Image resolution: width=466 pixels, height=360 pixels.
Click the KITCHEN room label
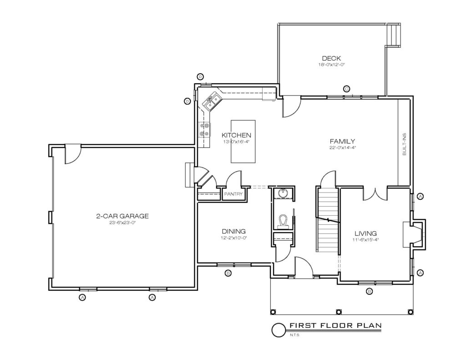click(x=236, y=135)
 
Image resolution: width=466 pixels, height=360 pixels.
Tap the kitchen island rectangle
click(x=243, y=141)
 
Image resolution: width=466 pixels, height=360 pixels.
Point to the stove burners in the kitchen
click(x=204, y=129)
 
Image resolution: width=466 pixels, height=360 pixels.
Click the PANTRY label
click(x=233, y=194)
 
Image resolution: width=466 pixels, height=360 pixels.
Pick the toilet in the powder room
click(x=283, y=222)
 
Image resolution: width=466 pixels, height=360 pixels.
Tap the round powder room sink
click(x=282, y=193)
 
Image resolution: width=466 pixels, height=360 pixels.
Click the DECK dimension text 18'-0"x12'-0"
click(x=331, y=64)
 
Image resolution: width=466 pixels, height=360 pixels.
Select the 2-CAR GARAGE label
click(x=122, y=216)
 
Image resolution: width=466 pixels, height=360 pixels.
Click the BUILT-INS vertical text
click(x=404, y=144)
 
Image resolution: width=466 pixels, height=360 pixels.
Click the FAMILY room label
click(x=342, y=141)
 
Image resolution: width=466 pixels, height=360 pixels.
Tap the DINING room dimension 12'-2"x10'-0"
click(x=234, y=238)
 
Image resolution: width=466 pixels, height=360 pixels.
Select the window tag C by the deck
click(x=346, y=89)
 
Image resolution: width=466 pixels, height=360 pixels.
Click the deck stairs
click(x=394, y=35)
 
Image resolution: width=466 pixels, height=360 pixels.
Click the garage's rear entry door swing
click(x=72, y=154)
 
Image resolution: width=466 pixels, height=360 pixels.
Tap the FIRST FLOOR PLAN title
click(x=335, y=325)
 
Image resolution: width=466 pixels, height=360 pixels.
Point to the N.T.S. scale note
click(x=295, y=335)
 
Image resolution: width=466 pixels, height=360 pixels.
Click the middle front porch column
click(x=339, y=312)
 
